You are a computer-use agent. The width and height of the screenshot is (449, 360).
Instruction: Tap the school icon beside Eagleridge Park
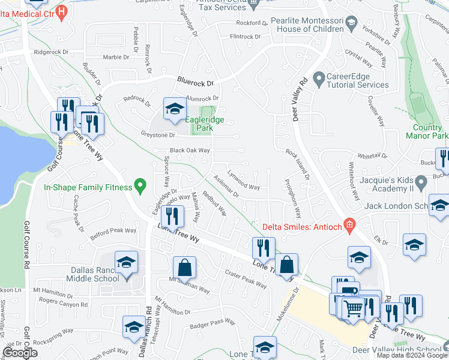point(175,108)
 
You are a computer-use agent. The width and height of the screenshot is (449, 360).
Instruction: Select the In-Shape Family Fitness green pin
point(140,187)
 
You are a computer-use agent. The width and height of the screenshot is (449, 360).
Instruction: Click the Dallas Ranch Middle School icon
point(126,262)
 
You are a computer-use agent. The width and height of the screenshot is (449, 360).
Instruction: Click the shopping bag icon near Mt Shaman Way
point(185,268)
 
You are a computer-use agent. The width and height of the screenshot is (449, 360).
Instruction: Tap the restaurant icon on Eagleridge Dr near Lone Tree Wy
point(172,216)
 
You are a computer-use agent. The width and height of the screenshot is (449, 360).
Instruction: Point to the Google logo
point(20,353)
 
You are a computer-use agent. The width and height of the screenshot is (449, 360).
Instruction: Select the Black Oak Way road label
point(190,151)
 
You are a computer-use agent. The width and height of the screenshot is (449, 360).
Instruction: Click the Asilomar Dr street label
point(226,186)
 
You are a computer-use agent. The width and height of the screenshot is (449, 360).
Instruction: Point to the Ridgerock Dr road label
point(52,52)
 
